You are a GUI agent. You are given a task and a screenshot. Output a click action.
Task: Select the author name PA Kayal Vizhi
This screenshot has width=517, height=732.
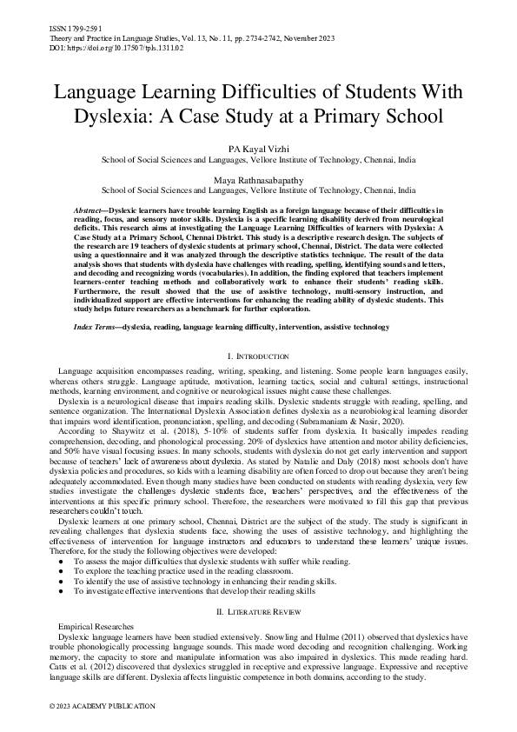click(x=258, y=150)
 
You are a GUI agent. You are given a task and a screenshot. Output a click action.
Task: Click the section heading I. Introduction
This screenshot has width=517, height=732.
click(x=258, y=356)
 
